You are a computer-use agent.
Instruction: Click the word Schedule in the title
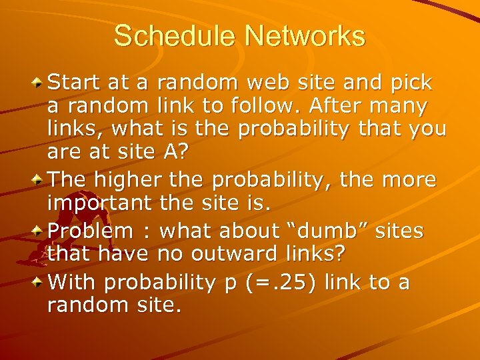(x=171, y=36)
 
